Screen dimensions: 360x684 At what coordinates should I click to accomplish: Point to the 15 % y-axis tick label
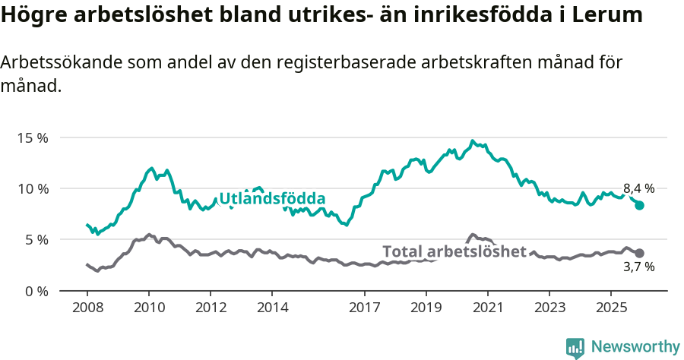pyautogui.click(x=33, y=137)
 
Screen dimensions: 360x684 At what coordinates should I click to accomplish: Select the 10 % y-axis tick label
pyautogui.click(x=33, y=188)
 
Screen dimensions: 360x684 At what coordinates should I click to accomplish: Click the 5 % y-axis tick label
pyautogui.click(x=36, y=239)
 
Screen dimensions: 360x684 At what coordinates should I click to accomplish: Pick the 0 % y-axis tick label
pyautogui.click(x=36, y=291)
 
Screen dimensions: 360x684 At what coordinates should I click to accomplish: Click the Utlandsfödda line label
pyautogui.click(x=272, y=199)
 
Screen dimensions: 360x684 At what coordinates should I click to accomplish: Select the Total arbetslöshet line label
pyautogui.click(x=454, y=251)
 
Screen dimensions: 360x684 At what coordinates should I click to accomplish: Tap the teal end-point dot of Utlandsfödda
pyautogui.click(x=640, y=205)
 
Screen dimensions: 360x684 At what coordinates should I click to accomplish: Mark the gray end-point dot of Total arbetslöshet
pyautogui.click(x=640, y=253)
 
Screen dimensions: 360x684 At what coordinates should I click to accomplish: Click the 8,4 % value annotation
pyautogui.click(x=638, y=188)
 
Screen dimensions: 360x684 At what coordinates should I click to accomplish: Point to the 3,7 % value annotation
pyautogui.click(x=638, y=267)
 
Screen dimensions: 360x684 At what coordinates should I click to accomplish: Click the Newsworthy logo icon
pyautogui.click(x=575, y=348)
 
